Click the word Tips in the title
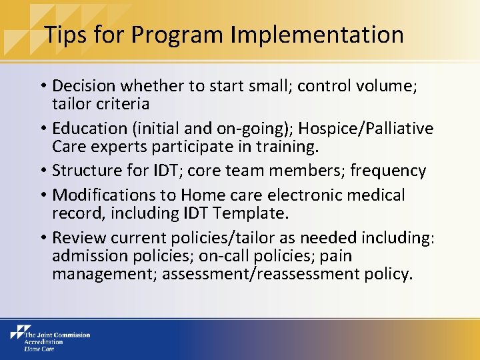tap(65, 34)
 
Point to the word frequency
tap(387, 171)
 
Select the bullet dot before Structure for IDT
tap(43, 171)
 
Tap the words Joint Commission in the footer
tap(62, 334)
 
